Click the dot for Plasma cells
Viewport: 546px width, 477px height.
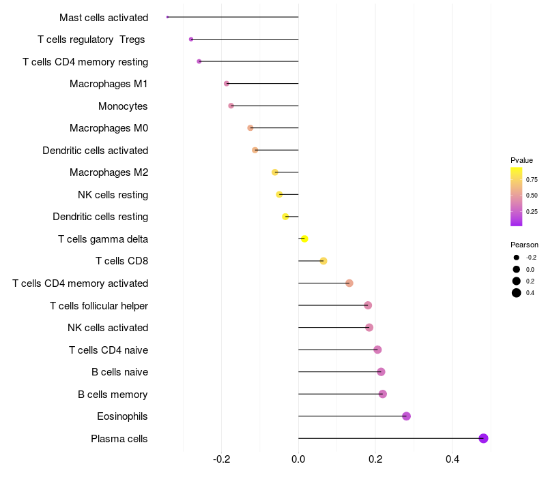[483, 438]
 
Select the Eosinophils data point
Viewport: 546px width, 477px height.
[406, 416]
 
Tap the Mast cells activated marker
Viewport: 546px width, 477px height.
[167, 17]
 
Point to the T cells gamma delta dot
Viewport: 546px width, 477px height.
[304, 238]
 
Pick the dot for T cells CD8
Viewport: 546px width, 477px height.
[324, 261]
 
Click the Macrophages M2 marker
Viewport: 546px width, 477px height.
[275, 172]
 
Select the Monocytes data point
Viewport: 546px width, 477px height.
[231, 106]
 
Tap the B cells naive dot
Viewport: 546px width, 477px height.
[381, 372]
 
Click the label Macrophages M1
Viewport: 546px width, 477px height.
[109, 84]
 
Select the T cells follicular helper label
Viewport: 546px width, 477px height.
[99, 305]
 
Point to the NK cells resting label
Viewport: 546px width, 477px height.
[113, 195]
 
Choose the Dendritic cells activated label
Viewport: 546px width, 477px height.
[95, 150]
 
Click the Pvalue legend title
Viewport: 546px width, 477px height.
[521, 160]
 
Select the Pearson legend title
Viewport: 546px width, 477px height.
[524, 245]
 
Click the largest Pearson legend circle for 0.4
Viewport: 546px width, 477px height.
[517, 293]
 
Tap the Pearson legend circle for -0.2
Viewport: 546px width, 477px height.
[517, 258]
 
